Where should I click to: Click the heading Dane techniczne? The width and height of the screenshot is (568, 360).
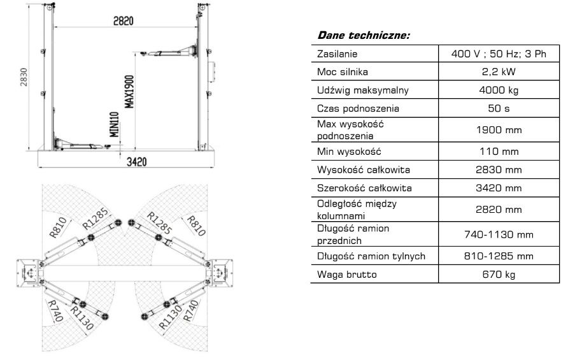click(x=364, y=35)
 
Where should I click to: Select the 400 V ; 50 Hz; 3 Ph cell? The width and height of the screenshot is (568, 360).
click(x=499, y=54)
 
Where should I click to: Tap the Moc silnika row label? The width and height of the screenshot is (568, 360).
click(x=343, y=72)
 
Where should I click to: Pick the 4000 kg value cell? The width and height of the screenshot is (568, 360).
click(x=499, y=90)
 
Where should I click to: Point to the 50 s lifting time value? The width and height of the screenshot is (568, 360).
click(x=499, y=108)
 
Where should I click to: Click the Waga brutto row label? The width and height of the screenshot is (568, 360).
click(x=346, y=275)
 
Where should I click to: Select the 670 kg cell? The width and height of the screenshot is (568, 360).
click(x=499, y=275)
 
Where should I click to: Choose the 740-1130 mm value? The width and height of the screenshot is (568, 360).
click(x=499, y=234)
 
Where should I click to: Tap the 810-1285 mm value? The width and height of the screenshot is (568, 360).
click(x=499, y=256)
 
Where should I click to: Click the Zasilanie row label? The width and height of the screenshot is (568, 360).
click(x=337, y=54)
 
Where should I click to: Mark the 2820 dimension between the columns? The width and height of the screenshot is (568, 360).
click(x=124, y=20)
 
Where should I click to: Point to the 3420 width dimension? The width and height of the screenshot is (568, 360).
click(x=136, y=162)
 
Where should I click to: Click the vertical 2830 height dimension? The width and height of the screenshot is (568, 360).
click(x=24, y=77)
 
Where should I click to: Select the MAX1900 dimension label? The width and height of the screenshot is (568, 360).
click(x=129, y=92)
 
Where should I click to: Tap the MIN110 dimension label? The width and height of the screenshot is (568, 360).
click(x=115, y=124)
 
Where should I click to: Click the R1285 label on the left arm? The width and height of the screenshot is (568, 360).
click(x=96, y=219)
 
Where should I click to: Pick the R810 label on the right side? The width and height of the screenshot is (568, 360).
click(x=196, y=225)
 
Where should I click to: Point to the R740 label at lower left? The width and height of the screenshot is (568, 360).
click(x=55, y=311)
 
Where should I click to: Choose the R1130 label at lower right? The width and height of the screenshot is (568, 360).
click(x=171, y=317)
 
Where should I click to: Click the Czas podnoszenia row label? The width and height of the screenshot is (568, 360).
click(x=358, y=108)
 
